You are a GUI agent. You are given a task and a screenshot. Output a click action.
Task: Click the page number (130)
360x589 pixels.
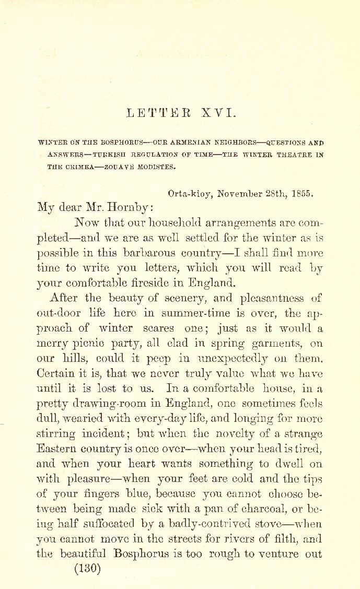pyautogui.click(x=87, y=569)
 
